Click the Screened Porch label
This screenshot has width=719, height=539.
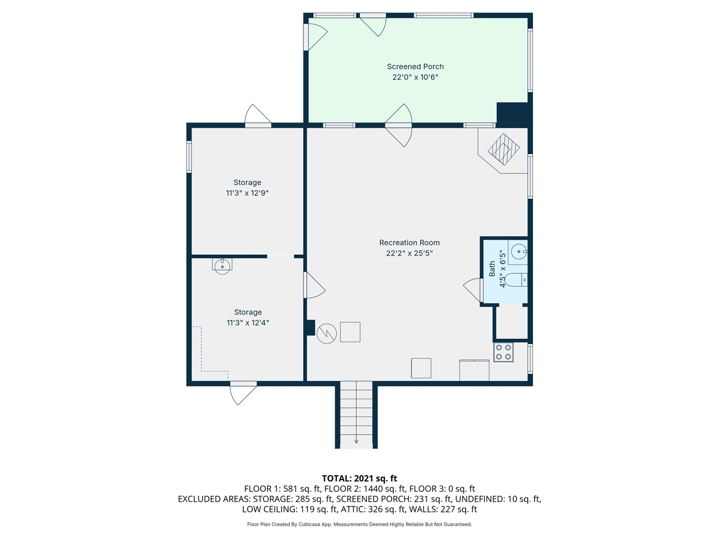pyautogui.click(x=415, y=66)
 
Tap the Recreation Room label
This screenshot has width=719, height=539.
pyautogui.click(x=409, y=243)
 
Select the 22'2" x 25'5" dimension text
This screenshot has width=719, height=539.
pyautogui.click(x=409, y=253)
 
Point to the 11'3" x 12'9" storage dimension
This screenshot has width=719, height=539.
pyautogui.click(x=247, y=193)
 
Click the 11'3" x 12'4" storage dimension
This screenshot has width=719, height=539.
pyautogui.click(x=248, y=323)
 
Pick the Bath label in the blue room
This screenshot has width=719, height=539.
pyautogui.click(x=492, y=268)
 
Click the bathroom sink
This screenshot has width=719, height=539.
pyautogui.click(x=520, y=252)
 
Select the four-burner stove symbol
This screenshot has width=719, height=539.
pyautogui.click(x=503, y=352)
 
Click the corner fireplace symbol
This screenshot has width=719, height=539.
pyautogui.click(x=503, y=149)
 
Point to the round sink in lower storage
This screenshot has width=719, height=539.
pyautogui.click(x=222, y=266)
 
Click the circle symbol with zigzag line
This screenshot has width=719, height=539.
pyautogui.click(x=326, y=334)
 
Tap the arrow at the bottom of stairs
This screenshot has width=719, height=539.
pyautogui.click(x=356, y=441)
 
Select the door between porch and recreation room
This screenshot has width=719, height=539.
pyautogui.click(x=398, y=125)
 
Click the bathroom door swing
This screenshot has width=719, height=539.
pyautogui.click(x=473, y=290)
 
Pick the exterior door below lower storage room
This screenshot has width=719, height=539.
pyautogui.click(x=243, y=392)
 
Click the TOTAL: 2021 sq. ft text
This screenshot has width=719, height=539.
pyautogui.click(x=359, y=478)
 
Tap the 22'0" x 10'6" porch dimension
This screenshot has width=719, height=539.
pyautogui.click(x=415, y=77)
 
